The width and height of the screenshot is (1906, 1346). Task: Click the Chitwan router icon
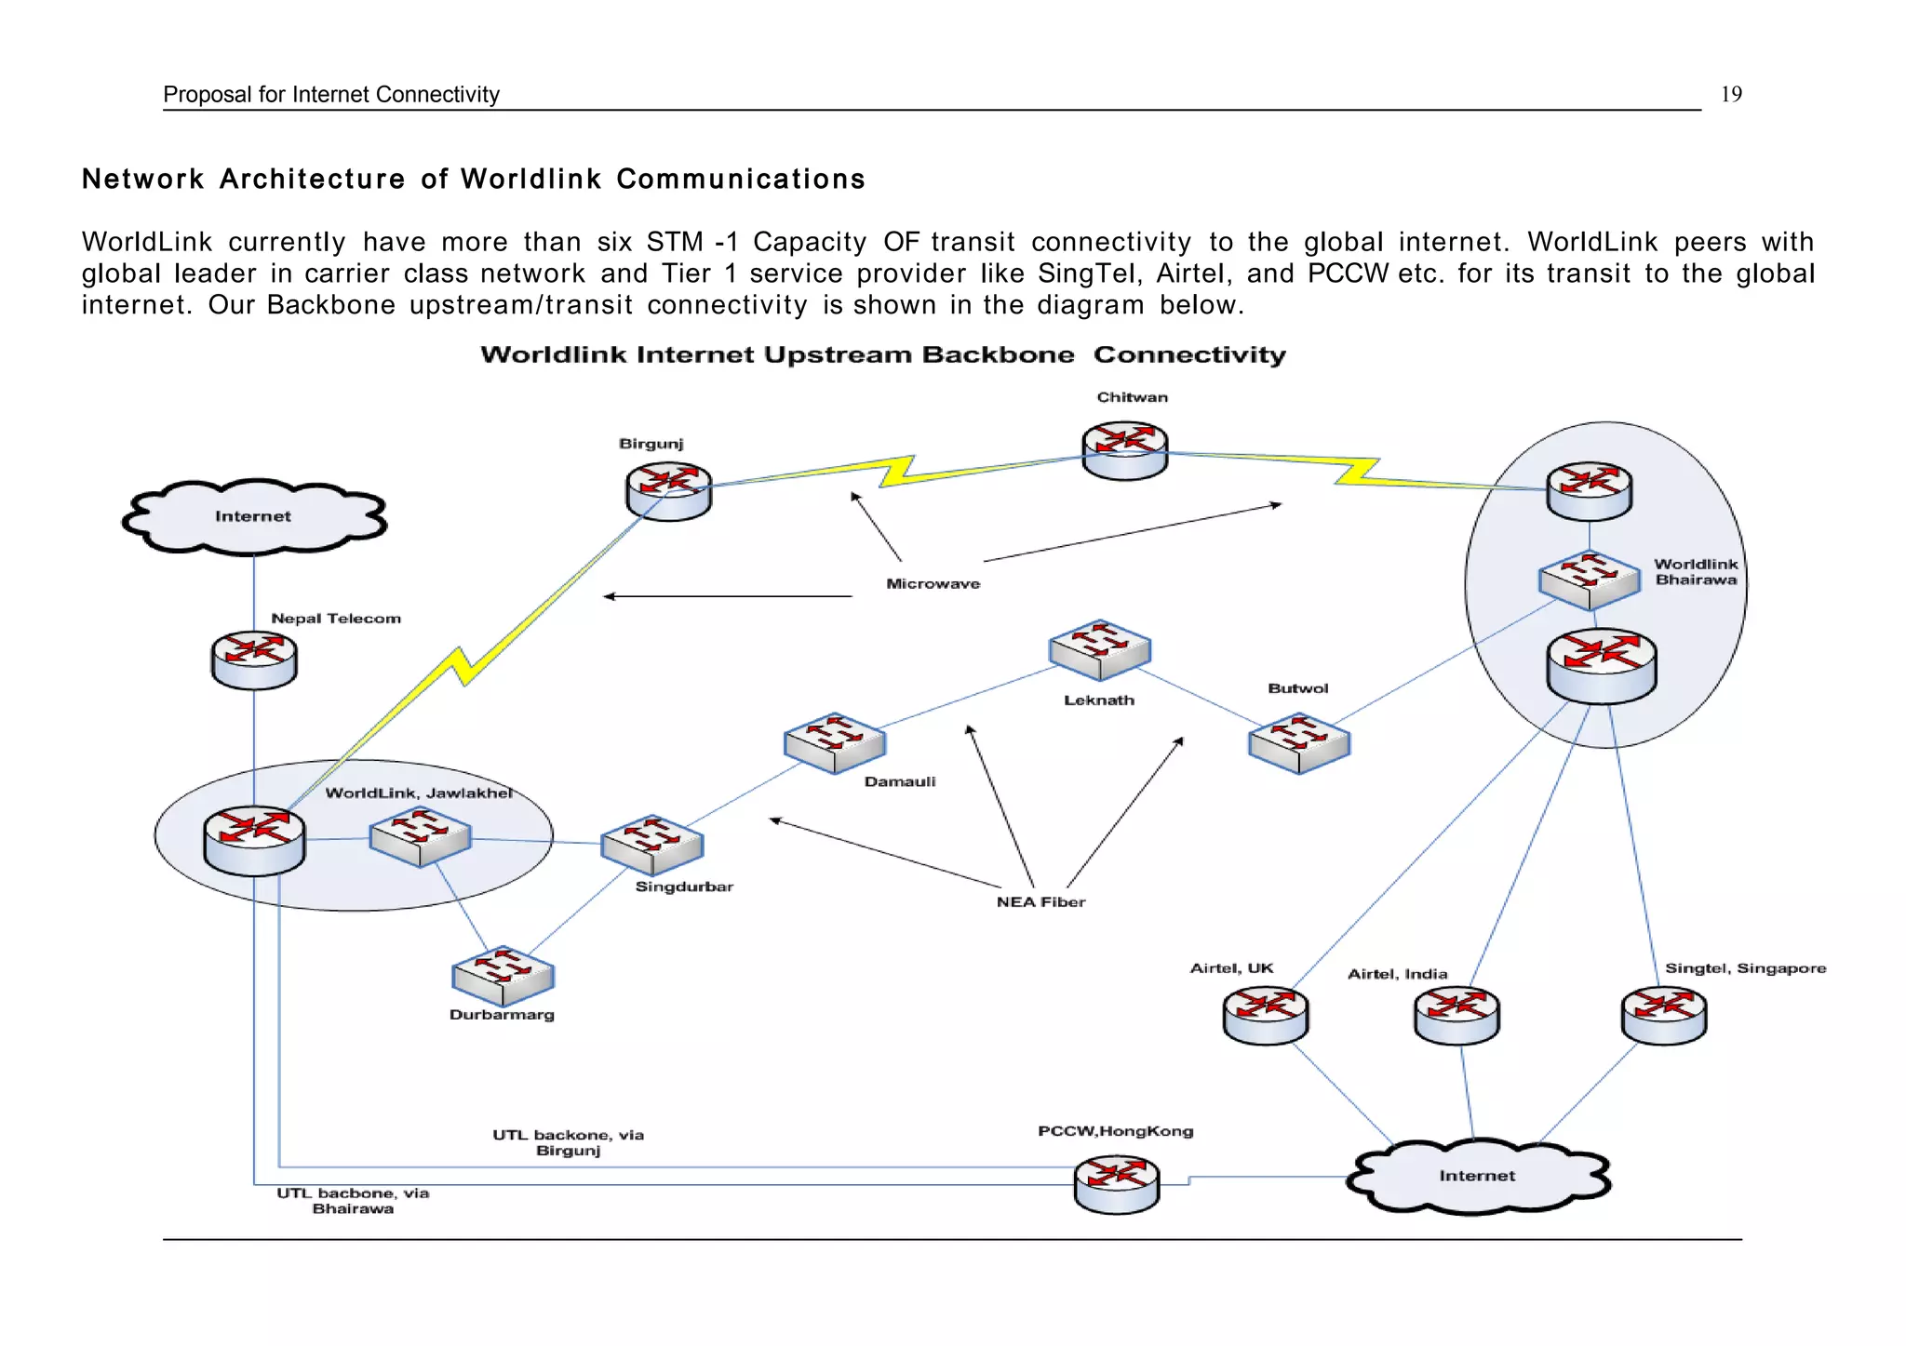point(1124,451)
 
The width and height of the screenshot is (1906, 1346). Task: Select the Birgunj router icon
point(668,491)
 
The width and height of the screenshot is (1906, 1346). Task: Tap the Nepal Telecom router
point(254,660)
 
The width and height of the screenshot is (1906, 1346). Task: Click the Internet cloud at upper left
point(253,516)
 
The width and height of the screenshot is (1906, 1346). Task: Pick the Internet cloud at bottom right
point(1477,1176)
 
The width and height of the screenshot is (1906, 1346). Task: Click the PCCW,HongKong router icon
point(1116,1184)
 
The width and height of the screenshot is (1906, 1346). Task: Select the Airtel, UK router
point(1265,1016)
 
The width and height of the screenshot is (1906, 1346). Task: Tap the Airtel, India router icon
point(1456,1016)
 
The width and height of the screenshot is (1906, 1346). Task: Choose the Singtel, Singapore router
point(1663,1016)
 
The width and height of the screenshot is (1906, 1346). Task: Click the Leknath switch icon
point(1099,649)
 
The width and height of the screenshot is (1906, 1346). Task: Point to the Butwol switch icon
point(1298,742)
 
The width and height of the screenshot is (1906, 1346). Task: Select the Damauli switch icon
point(835,742)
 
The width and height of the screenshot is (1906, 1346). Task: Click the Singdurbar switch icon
point(651,845)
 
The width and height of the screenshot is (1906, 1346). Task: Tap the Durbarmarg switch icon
point(503,976)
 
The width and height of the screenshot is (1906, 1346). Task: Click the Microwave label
point(933,584)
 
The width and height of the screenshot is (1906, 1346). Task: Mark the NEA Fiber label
point(1040,901)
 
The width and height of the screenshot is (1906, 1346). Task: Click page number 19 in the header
point(1730,94)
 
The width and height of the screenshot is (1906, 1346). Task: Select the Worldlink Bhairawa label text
point(1695,572)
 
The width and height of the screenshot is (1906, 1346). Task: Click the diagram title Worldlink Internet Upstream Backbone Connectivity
point(882,354)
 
